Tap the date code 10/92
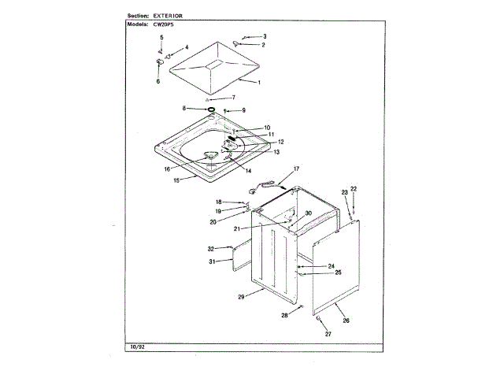138,347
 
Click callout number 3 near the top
265,37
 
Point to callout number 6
157,81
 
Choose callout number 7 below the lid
233,97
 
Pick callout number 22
354,189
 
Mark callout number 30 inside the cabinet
308,213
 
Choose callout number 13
276,152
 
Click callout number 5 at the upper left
161,38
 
